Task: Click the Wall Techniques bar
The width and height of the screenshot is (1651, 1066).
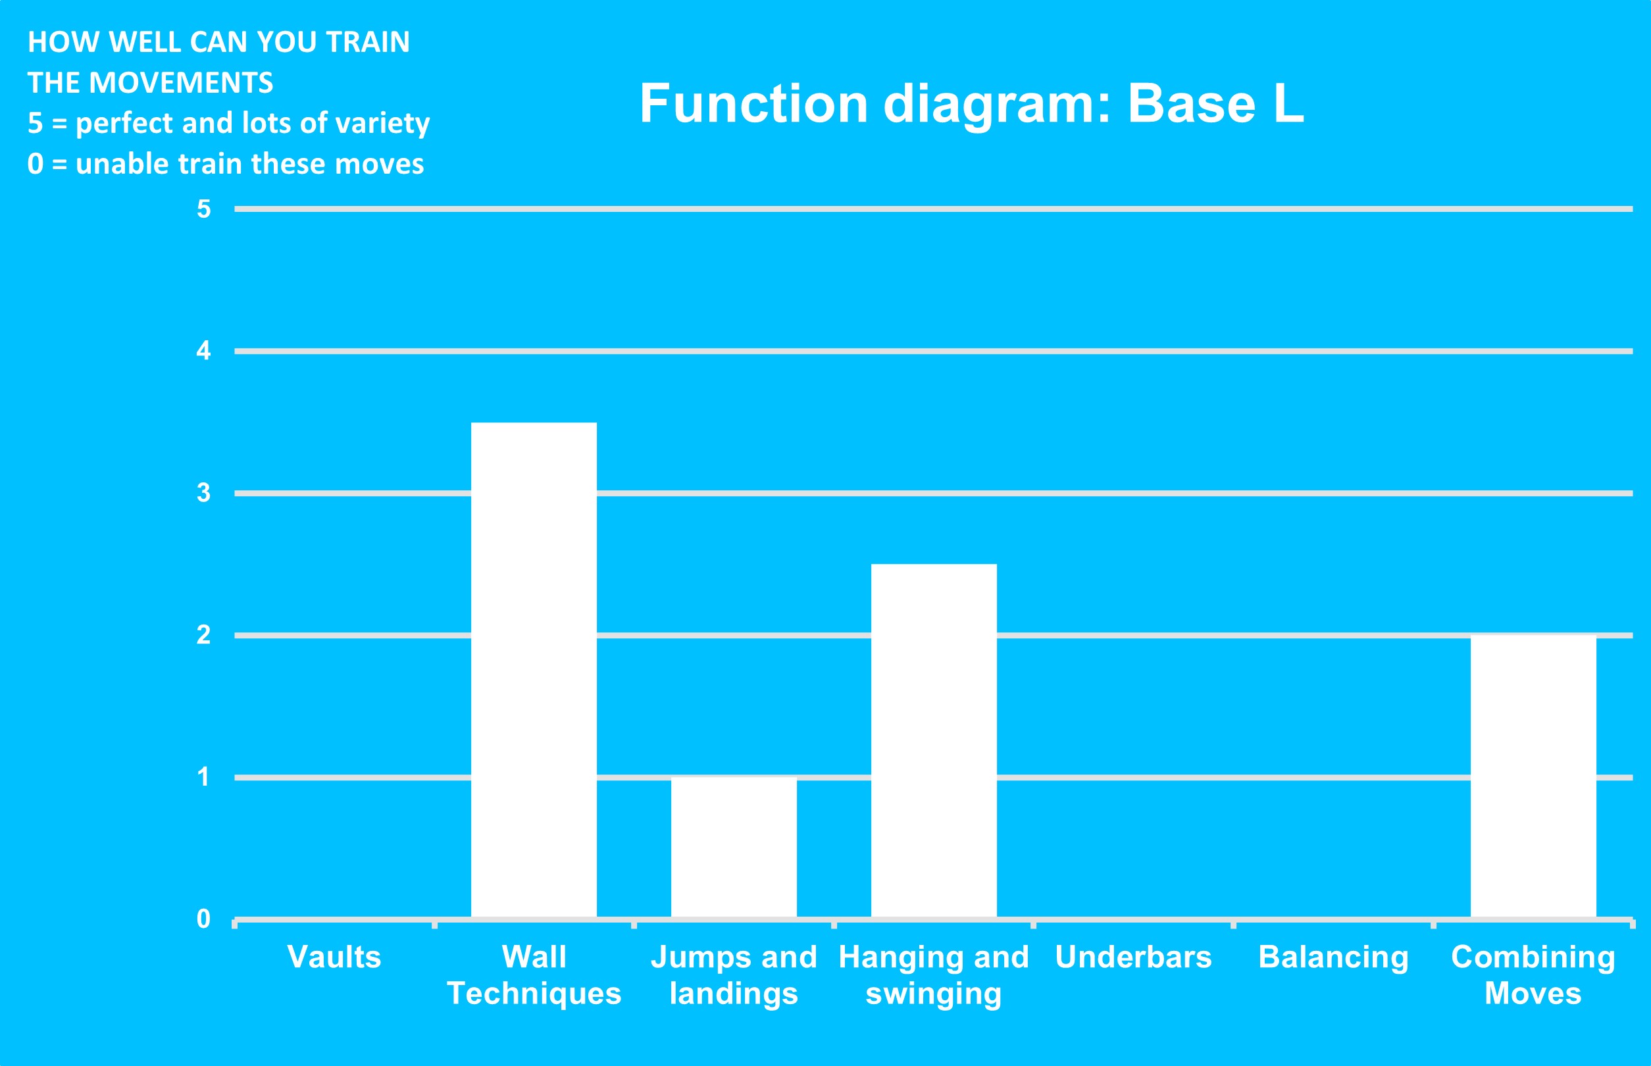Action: [534, 669]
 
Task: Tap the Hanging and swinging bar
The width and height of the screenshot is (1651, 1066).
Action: [934, 741]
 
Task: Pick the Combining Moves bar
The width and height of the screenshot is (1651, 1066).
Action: [1533, 776]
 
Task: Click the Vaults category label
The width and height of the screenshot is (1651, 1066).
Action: [334, 957]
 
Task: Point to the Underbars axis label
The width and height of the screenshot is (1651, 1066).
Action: [1134, 957]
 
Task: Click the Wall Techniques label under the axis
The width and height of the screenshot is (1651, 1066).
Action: [534, 975]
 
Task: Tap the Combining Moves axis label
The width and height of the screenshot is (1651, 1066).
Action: [1533, 975]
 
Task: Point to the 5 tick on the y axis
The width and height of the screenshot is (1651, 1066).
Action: [203, 209]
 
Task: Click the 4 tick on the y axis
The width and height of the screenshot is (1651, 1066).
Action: [203, 351]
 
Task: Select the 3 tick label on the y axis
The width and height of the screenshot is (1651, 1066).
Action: [203, 493]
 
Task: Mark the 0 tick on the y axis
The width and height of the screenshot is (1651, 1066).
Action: [203, 919]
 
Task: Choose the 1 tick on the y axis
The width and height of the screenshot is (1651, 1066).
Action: [203, 776]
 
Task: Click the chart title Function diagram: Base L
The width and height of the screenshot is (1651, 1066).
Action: [972, 104]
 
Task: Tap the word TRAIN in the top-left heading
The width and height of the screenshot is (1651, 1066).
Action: [368, 42]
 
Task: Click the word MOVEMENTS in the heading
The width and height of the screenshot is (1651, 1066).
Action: [182, 83]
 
